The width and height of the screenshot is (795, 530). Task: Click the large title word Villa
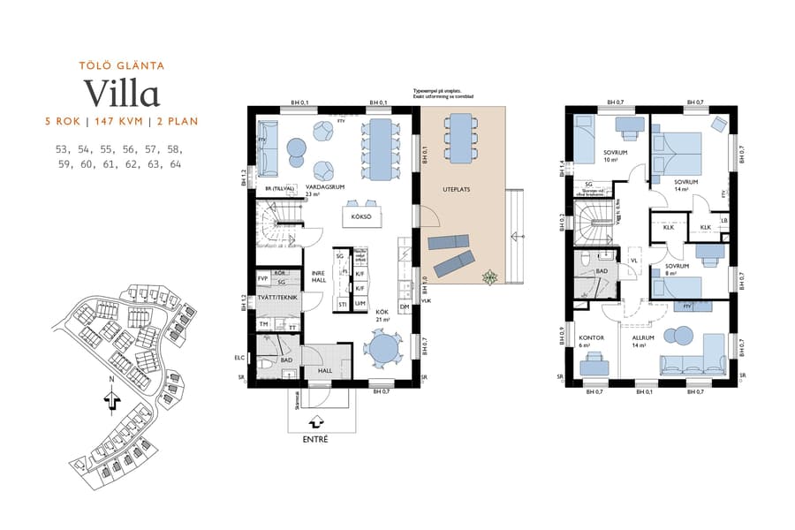point(121,93)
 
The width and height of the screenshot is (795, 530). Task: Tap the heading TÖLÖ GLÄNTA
point(122,64)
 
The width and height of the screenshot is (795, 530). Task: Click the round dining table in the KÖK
point(385,347)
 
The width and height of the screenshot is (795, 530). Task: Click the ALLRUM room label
point(643,337)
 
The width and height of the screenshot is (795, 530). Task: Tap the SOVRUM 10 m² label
point(610,155)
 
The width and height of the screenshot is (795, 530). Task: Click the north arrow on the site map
point(111,400)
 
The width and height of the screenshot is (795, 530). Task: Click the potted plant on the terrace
point(488,278)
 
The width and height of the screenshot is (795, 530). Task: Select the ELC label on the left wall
point(239,359)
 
